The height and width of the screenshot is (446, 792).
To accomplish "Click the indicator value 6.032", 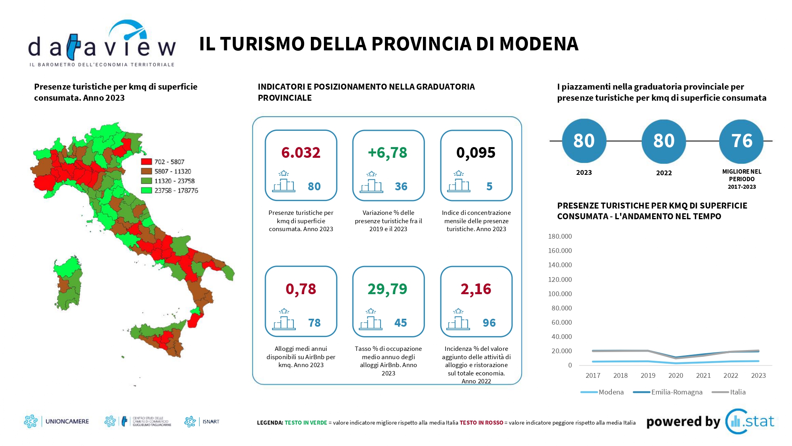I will pos(301,153).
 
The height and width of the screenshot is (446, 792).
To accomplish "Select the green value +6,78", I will pos(387,153).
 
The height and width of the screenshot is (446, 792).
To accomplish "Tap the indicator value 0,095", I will pos(476,153).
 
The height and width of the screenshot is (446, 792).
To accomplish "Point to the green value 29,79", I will pos(387,289).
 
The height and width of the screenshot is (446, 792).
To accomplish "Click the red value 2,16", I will pos(476,289).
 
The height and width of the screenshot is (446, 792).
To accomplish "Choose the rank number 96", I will pos(489,323).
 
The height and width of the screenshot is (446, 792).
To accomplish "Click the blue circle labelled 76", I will pos(741,141).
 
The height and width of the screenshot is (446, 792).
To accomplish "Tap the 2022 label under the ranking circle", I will pos(664,173).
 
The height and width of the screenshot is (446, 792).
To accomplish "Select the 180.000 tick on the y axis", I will pos(560,236).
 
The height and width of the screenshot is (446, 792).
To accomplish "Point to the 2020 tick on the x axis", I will pos(676,375).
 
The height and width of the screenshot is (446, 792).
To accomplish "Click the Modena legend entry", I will pos(611,392).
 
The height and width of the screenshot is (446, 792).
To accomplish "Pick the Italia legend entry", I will pos(737,392).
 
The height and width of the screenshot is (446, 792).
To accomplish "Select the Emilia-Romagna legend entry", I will pos(676,392).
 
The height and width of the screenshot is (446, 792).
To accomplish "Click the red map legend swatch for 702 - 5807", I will pos(147,162).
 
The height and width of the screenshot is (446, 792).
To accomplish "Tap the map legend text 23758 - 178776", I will pos(176,191).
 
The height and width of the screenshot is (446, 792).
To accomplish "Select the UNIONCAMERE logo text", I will pos(67,421).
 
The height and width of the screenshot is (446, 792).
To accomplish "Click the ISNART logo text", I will pos(211,421).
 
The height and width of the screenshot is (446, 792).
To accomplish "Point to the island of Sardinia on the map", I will pos(68,282).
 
